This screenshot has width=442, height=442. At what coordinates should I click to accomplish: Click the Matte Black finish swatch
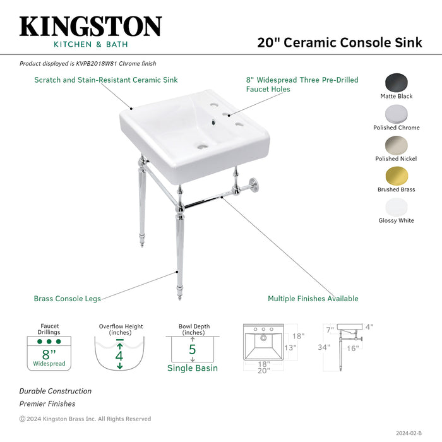[x=397, y=83]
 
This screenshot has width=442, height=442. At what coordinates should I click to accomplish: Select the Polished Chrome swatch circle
[x=397, y=114]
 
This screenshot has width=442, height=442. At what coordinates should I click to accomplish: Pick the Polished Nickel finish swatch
[x=397, y=145]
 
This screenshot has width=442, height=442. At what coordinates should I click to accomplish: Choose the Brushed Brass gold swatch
[x=397, y=176]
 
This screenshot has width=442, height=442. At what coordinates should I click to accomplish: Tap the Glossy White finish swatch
[x=397, y=206]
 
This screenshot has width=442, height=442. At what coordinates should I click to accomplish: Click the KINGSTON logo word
[x=90, y=26]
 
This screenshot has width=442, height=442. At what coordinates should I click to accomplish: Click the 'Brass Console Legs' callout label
[x=67, y=299]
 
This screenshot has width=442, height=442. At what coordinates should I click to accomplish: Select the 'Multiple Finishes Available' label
[x=313, y=299]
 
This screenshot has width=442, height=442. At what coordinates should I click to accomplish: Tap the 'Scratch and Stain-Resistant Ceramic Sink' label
[x=105, y=80]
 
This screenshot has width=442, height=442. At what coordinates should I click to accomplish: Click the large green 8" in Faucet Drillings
[x=49, y=354]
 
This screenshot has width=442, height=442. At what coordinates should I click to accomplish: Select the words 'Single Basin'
[x=192, y=368]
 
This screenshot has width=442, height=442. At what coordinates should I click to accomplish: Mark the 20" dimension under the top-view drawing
[x=263, y=371]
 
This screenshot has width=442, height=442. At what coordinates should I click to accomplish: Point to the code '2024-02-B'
[x=408, y=433]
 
